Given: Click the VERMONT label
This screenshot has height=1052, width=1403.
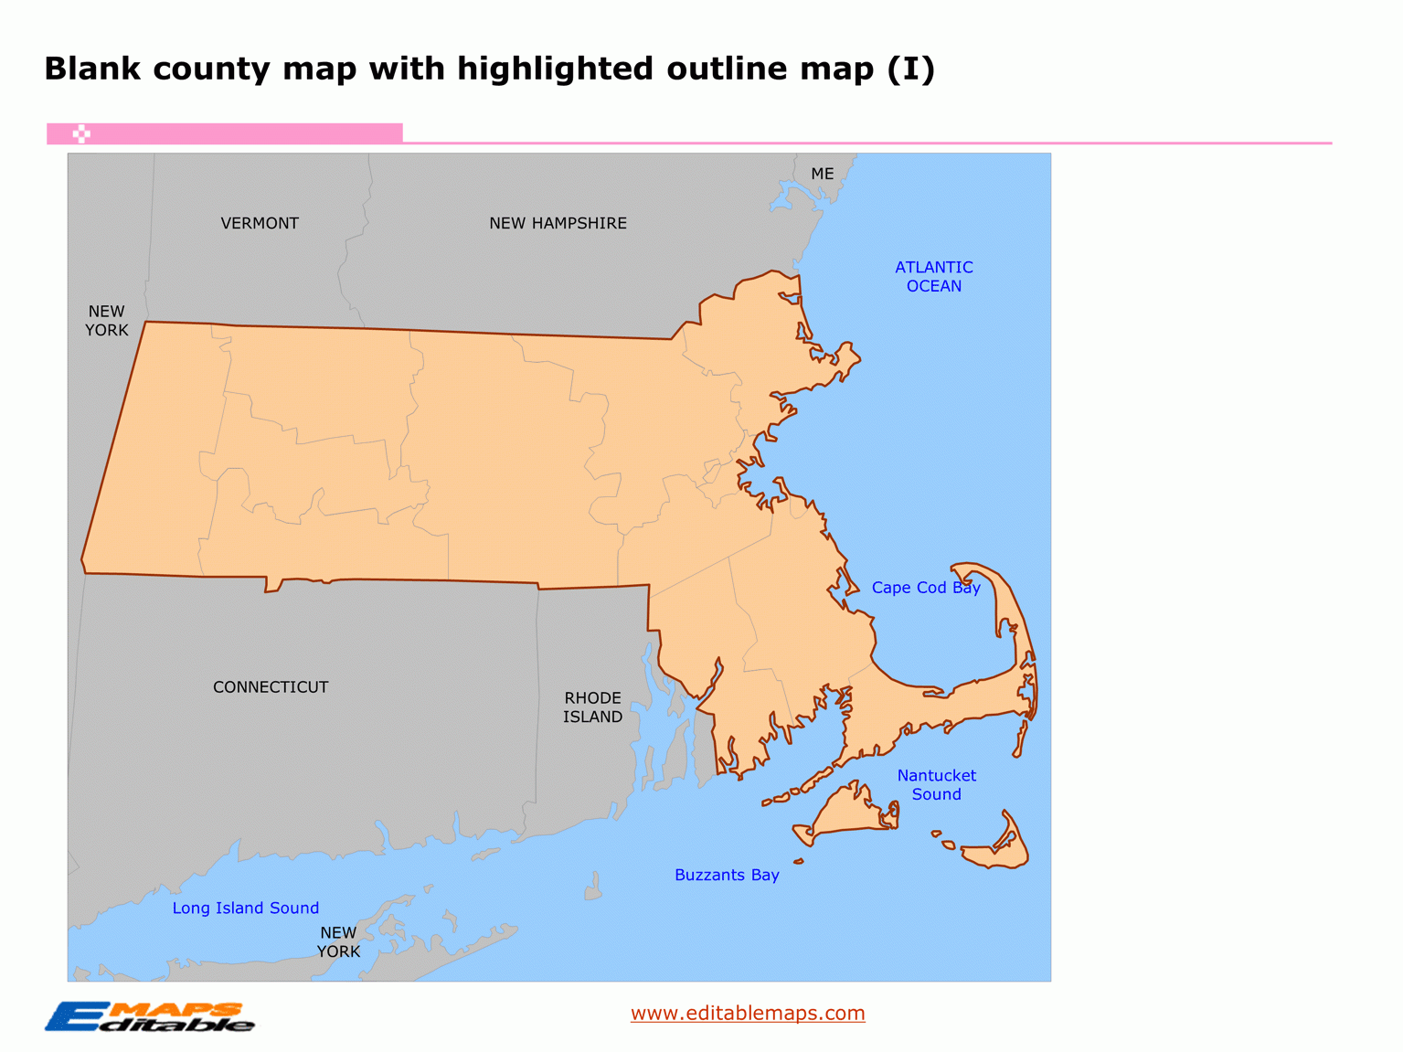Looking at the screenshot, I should coord(260,223).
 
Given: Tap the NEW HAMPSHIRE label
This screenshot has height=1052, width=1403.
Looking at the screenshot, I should coord(558,223).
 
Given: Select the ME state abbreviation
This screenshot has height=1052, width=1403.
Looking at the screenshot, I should coord(822,174).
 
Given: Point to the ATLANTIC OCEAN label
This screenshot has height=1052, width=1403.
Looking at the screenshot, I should coord(933,276).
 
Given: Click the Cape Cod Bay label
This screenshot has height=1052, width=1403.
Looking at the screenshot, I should coord(925,588).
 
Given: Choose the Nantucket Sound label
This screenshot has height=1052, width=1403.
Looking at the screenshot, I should coord(936,785).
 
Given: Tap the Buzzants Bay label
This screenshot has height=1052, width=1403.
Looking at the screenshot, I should coord(727,875).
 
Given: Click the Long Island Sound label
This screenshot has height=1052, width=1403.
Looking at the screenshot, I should coord(245,908).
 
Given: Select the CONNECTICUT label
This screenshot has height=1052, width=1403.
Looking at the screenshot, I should coord(271,686).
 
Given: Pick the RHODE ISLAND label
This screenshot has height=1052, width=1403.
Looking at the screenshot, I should coord(592,707).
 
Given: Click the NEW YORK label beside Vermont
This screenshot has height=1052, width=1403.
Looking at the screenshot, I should coord(107,321).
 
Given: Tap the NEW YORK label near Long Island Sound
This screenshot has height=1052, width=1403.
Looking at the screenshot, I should coord(338,941).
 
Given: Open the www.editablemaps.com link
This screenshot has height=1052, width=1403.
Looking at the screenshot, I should coord(748,1013).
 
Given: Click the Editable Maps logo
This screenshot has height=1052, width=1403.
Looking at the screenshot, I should coord(149,1016).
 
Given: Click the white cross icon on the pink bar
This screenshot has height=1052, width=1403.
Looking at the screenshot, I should coord(81,134).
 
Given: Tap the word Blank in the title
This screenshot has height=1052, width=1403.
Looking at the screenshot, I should coord(92,69).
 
